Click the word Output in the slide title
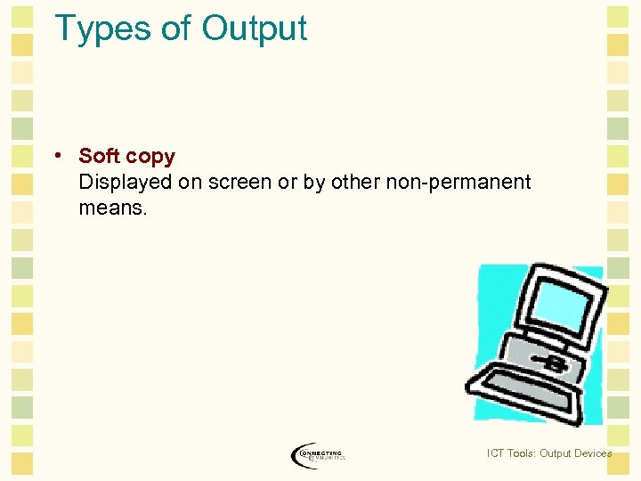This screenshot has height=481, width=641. click(254, 29)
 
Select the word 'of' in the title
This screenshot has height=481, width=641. click(177, 29)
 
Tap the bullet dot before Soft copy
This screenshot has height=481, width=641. click(56, 156)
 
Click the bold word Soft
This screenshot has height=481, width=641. click(99, 156)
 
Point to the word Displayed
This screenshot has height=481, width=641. click(125, 183)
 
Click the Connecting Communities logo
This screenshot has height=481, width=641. click(318, 454)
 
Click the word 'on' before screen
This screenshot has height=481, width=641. click(191, 183)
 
